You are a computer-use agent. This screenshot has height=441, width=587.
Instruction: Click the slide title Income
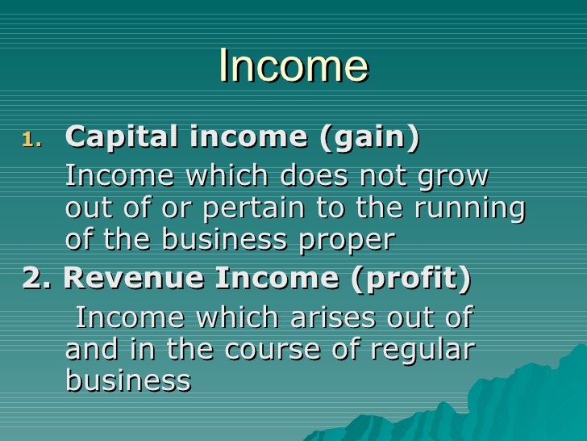click(293, 66)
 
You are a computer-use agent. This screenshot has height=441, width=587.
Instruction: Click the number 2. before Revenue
click(37, 278)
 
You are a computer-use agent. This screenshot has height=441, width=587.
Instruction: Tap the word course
click(284, 349)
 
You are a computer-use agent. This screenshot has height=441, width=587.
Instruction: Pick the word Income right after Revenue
click(266, 278)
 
